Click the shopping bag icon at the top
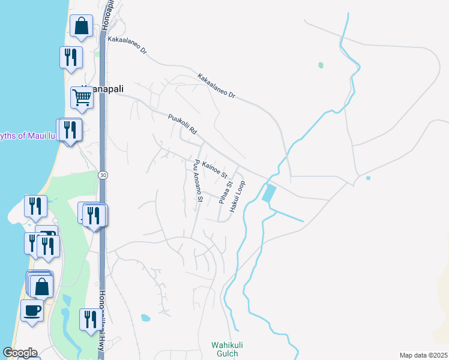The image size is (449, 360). pyautogui.click(x=81, y=27)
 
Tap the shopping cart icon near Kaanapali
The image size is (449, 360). pyautogui.click(x=82, y=97)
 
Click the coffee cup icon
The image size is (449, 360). pyautogui.click(x=32, y=311)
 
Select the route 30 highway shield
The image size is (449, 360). pyautogui.click(x=103, y=175)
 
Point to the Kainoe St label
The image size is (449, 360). pyautogui.click(x=215, y=170)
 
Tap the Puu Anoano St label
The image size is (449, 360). pyautogui.click(x=199, y=181)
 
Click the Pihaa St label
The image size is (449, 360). pyautogui.click(x=225, y=193)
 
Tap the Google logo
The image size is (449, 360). pyautogui.click(x=20, y=353)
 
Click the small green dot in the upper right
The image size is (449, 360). pyautogui.click(x=321, y=65)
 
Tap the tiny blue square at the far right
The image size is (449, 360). pyautogui.click(x=367, y=178)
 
